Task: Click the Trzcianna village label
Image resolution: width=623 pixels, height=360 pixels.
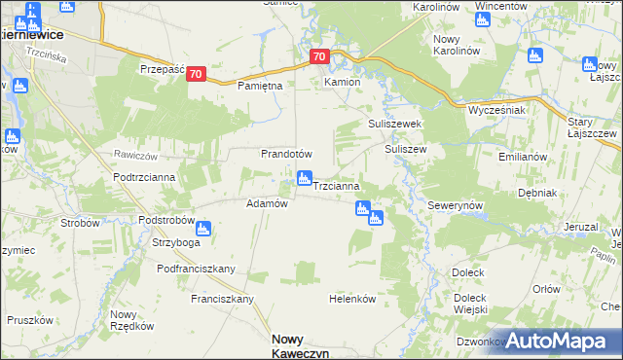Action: coord(338,185)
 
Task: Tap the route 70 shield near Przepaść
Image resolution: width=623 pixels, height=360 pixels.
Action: coord(197,74)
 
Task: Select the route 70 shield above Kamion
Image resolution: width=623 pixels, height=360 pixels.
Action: coord(320,57)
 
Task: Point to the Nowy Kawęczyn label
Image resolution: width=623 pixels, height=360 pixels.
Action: coord(301,344)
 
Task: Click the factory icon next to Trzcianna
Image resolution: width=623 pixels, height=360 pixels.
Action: coord(304,178)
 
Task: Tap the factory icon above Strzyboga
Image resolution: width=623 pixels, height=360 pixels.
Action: coord(203,229)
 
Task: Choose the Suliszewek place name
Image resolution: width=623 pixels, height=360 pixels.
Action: coord(393,125)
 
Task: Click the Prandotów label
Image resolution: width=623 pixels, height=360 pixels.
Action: coord(285,154)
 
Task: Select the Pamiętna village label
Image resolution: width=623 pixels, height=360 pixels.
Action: coord(260,87)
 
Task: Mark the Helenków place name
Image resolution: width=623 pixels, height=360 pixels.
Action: coord(352,300)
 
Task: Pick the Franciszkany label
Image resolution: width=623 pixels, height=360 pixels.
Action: coord(223,299)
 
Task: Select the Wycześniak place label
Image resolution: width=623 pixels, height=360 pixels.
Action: coord(496,110)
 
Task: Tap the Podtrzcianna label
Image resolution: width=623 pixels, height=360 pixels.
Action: coord(144,177)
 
